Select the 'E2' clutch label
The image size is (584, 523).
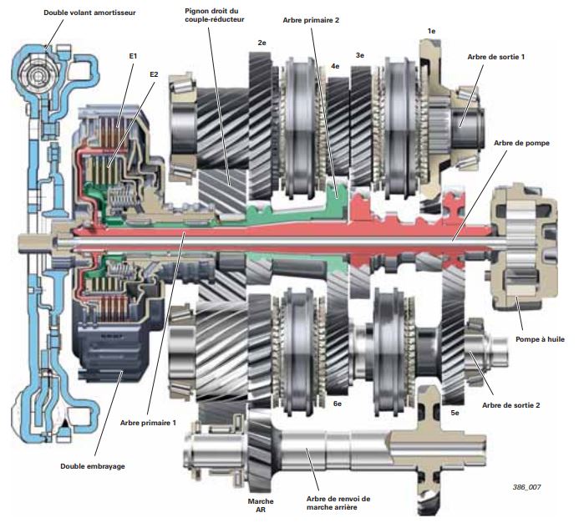click(154, 74)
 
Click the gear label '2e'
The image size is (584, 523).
click(262, 42)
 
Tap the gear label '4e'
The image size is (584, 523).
click(334, 64)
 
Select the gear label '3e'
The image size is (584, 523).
click(360, 55)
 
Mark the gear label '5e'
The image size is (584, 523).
click(456, 413)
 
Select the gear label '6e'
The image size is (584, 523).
click(338, 404)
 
